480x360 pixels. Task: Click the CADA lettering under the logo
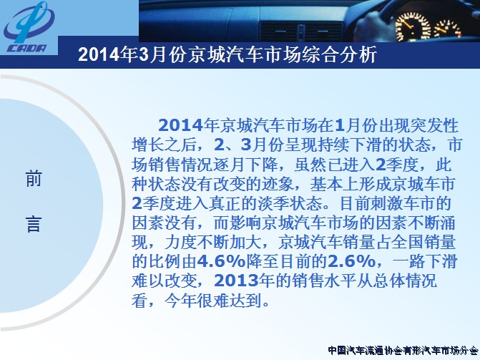(x=27, y=49)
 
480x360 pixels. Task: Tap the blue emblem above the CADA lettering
(x=29, y=22)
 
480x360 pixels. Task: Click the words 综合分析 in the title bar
(x=339, y=55)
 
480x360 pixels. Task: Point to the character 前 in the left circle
(x=34, y=179)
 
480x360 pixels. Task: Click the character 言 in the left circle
(x=34, y=224)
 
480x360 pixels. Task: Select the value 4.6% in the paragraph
(x=221, y=262)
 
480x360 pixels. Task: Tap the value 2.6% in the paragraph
(x=351, y=262)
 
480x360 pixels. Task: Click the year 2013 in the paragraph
(x=236, y=281)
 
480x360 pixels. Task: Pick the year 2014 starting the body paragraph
(x=180, y=125)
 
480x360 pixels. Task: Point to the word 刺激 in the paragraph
(x=388, y=203)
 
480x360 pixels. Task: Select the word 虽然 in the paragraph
(x=310, y=165)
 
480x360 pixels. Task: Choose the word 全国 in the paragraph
(x=407, y=242)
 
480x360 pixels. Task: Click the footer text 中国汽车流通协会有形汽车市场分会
(x=403, y=350)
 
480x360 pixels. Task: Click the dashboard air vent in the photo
(x=301, y=31)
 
